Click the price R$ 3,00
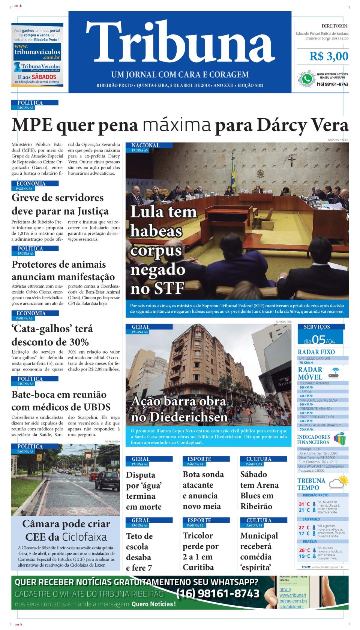coord(328,57)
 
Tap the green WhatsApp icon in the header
coord(307,79)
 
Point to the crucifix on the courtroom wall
coord(291,161)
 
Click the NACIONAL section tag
coord(145,145)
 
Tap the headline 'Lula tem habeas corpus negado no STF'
coord(163,250)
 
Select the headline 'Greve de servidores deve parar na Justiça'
coord(60,204)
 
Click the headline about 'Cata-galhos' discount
coord(52,335)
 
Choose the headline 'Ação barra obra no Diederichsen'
coord(179,409)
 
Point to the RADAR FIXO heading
coord(316,352)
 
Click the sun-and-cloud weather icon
coord(338,483)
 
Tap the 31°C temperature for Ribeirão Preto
coord(304,504)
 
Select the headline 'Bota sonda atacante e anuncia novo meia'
coord(203,490)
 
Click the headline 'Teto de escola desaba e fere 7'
coord(139,552)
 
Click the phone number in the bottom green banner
coord(218,594)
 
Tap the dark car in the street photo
coord(108,480)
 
